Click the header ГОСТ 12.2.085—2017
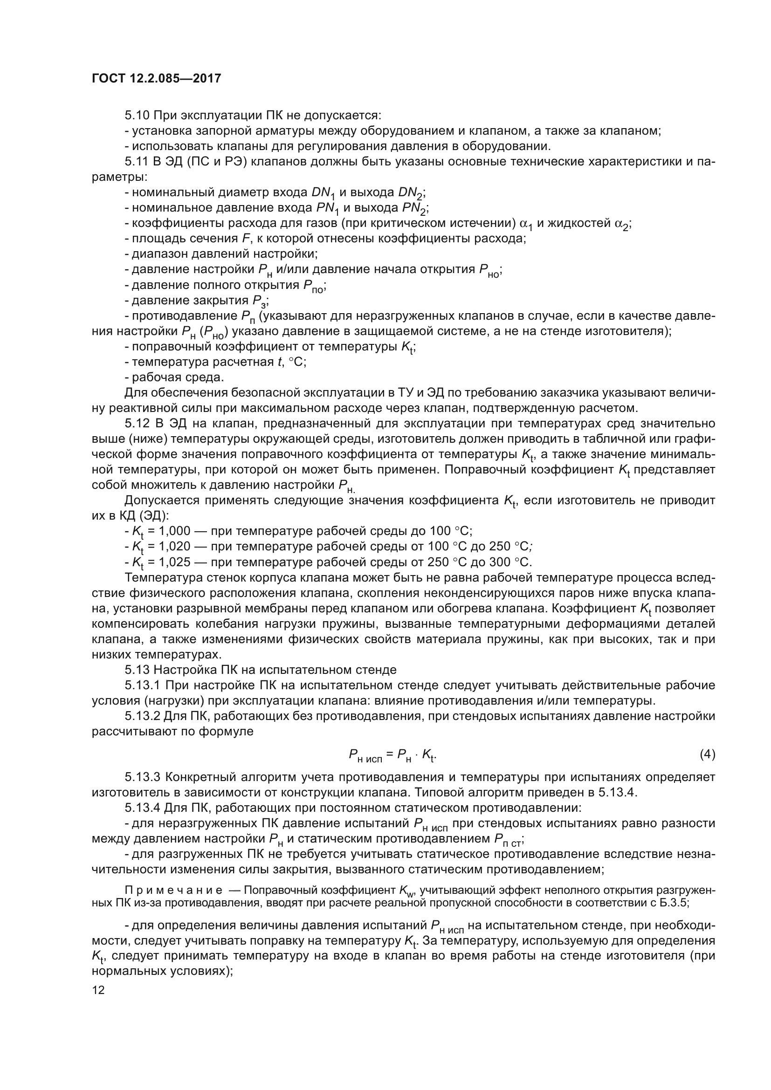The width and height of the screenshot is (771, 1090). pos(156,78)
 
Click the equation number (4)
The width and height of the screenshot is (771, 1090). pos(707,754)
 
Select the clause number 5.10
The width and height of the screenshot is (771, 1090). pos(138,116)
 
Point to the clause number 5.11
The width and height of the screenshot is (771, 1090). pos(138,162)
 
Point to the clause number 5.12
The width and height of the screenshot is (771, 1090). pos(138,424)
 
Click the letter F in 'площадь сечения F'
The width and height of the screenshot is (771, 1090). pos(246,239)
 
